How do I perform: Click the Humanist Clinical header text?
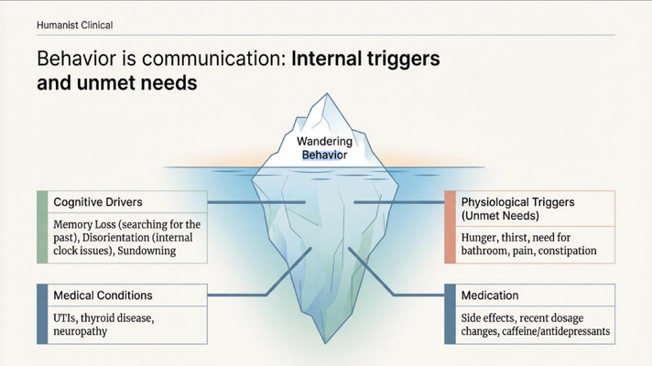[x=75, y=25]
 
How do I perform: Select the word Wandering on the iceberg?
[x=324, y=141]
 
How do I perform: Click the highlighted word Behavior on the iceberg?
[x=324, y=155]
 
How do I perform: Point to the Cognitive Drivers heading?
[x=98, y=202]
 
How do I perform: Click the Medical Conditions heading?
[x=103, y=296]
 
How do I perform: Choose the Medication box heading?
[x=490, y=296]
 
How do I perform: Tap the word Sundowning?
[x=147, y=251]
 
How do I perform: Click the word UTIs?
[x=65, y=318]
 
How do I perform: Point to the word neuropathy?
[x=81, y=331]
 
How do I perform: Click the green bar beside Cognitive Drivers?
[x=42, y=227]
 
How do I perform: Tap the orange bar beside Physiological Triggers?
[x=450, y=227]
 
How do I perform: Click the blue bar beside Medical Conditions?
[x=42, y=314]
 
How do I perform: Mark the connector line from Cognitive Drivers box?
[x=256, y=202]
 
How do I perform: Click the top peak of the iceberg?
[x=327, y=93]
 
